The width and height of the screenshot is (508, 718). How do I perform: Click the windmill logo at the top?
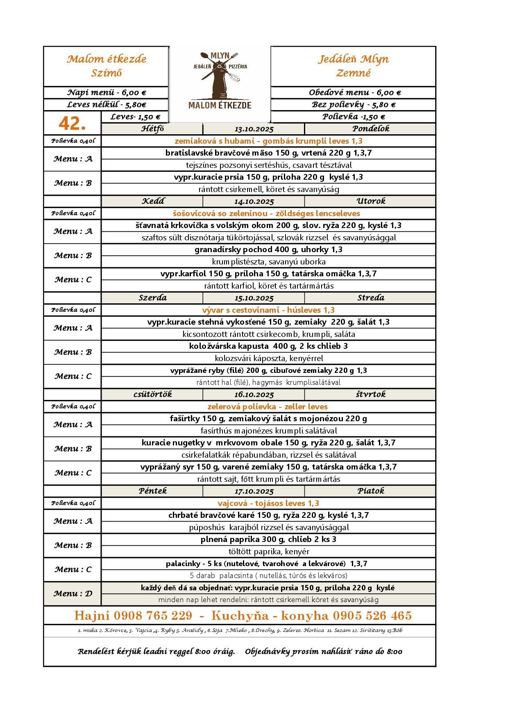(220, 81)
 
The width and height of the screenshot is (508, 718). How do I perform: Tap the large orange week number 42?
(72, 123)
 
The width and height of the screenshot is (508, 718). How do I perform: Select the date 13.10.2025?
(254, 129)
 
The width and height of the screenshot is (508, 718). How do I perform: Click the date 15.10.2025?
(254, 298)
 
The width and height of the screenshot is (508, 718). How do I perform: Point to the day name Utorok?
(371, 201)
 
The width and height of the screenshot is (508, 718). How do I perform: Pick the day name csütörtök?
(152, 394)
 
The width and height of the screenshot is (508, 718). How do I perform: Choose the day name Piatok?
(371, 491)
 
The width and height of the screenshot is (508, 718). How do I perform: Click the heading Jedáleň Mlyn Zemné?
(353, 66)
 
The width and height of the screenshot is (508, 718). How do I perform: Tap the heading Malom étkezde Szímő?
(107, 66)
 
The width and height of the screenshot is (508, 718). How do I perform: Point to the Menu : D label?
(73, 594)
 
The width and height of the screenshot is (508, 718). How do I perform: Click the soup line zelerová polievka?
(268, 406)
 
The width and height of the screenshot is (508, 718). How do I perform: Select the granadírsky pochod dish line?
(268, 250)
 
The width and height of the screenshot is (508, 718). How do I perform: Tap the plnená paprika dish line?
(268, 540)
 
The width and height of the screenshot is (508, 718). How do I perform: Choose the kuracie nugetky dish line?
(268, 443)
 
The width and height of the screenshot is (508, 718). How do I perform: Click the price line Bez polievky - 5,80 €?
(353, 105)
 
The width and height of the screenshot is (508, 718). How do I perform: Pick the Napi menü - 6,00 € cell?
(107, 93)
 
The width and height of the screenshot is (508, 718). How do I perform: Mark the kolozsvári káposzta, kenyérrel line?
(269, 359)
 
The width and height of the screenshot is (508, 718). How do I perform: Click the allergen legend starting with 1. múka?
(240, 630)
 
